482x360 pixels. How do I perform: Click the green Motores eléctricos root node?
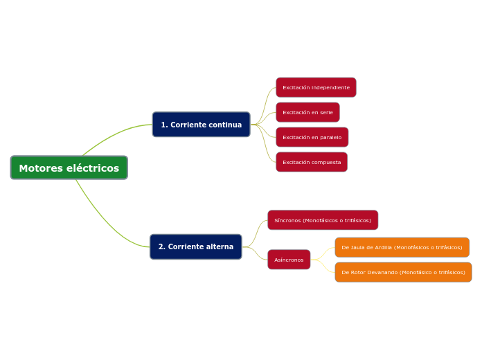(69, 168)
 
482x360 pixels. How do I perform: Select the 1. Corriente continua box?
(201, 125)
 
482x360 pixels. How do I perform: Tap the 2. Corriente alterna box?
(195, 246)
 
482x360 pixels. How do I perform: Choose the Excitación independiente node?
(316, 87)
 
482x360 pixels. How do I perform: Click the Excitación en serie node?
(307, 112)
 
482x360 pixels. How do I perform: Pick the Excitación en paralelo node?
(312, 137)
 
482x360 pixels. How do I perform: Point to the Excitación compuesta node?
(312, 162)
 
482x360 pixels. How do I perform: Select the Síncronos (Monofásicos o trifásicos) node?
(323, 220)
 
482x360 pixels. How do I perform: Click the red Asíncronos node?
(289, 260)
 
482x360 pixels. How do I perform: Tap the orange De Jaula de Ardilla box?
(402, 247)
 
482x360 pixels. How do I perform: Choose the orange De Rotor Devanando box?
(403, 272)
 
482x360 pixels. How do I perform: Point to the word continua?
(225, 125)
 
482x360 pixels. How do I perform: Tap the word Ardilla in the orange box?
(383, 247)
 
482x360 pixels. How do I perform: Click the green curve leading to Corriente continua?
(111, 135)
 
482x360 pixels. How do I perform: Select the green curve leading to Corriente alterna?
(104, 222)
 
